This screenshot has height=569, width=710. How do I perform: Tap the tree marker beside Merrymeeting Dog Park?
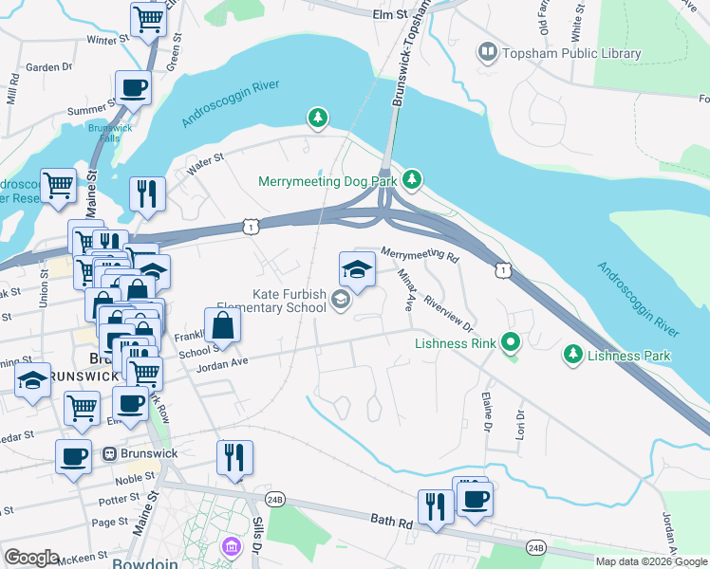pos(411,178)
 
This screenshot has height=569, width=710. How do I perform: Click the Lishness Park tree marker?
pos(572,356)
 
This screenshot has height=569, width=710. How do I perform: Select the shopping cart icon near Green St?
pos(148,18)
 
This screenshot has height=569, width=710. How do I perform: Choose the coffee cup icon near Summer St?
pos(133,88)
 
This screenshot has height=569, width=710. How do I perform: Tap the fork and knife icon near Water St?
pos(147,193)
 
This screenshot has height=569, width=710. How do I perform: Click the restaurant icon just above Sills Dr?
pos(234,457)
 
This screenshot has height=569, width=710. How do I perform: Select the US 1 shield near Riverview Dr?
pos(499,271)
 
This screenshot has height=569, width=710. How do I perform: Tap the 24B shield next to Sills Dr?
pos(275,498)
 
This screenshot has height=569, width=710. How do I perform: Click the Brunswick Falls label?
pos(110,132)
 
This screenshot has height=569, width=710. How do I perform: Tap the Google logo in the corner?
pos(31,557)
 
